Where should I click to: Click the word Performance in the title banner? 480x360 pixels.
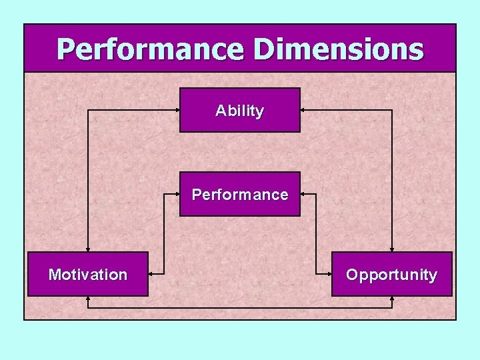point(151,49)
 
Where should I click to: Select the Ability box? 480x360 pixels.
point(240,110)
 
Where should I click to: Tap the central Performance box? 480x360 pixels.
point(240,195)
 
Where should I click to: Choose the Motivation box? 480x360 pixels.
point(87,274)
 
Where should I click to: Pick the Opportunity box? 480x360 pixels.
point(392,274)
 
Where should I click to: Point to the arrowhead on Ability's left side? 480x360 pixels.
point(177,110)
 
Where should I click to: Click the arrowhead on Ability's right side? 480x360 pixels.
point(303,110)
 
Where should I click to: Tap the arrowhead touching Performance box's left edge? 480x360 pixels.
point(177,195)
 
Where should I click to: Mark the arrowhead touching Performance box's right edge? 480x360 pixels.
point(303,195)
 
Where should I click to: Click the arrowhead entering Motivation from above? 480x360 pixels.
point(87,249)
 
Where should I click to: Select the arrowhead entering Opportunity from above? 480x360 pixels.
point(392,249)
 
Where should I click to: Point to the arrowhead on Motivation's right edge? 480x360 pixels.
point(151,273)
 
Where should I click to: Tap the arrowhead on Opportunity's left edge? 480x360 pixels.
point(329,273)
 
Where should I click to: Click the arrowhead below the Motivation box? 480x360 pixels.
point(87,299)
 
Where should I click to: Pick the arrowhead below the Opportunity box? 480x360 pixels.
point(392,299)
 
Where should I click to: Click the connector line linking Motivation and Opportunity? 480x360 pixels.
point(240,308)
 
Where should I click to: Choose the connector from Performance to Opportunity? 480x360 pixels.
point(316,233)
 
